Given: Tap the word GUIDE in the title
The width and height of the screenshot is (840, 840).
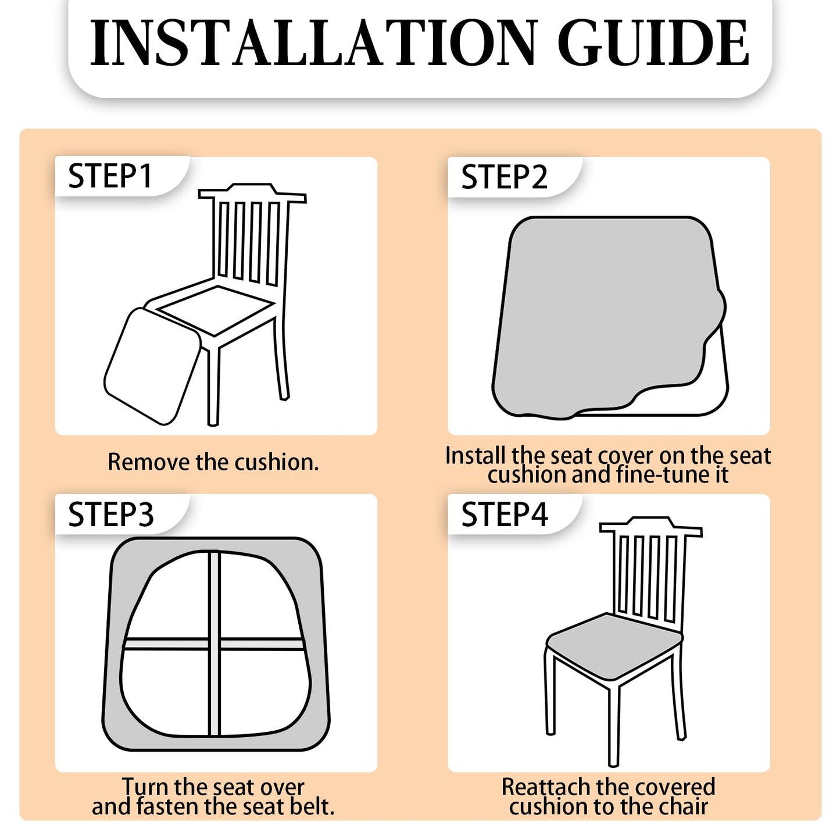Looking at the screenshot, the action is tap(653, 44).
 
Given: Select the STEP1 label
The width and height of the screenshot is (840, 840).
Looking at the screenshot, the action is tap(110, 176).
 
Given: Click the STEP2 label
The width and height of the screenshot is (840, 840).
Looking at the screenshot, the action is tap(505, 177).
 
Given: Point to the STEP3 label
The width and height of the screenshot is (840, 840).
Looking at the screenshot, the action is tap(110, 514).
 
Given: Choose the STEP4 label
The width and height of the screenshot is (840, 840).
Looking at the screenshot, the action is tap(505, 514).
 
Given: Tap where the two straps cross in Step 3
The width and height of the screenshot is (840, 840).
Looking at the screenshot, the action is tap(214, 644).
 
